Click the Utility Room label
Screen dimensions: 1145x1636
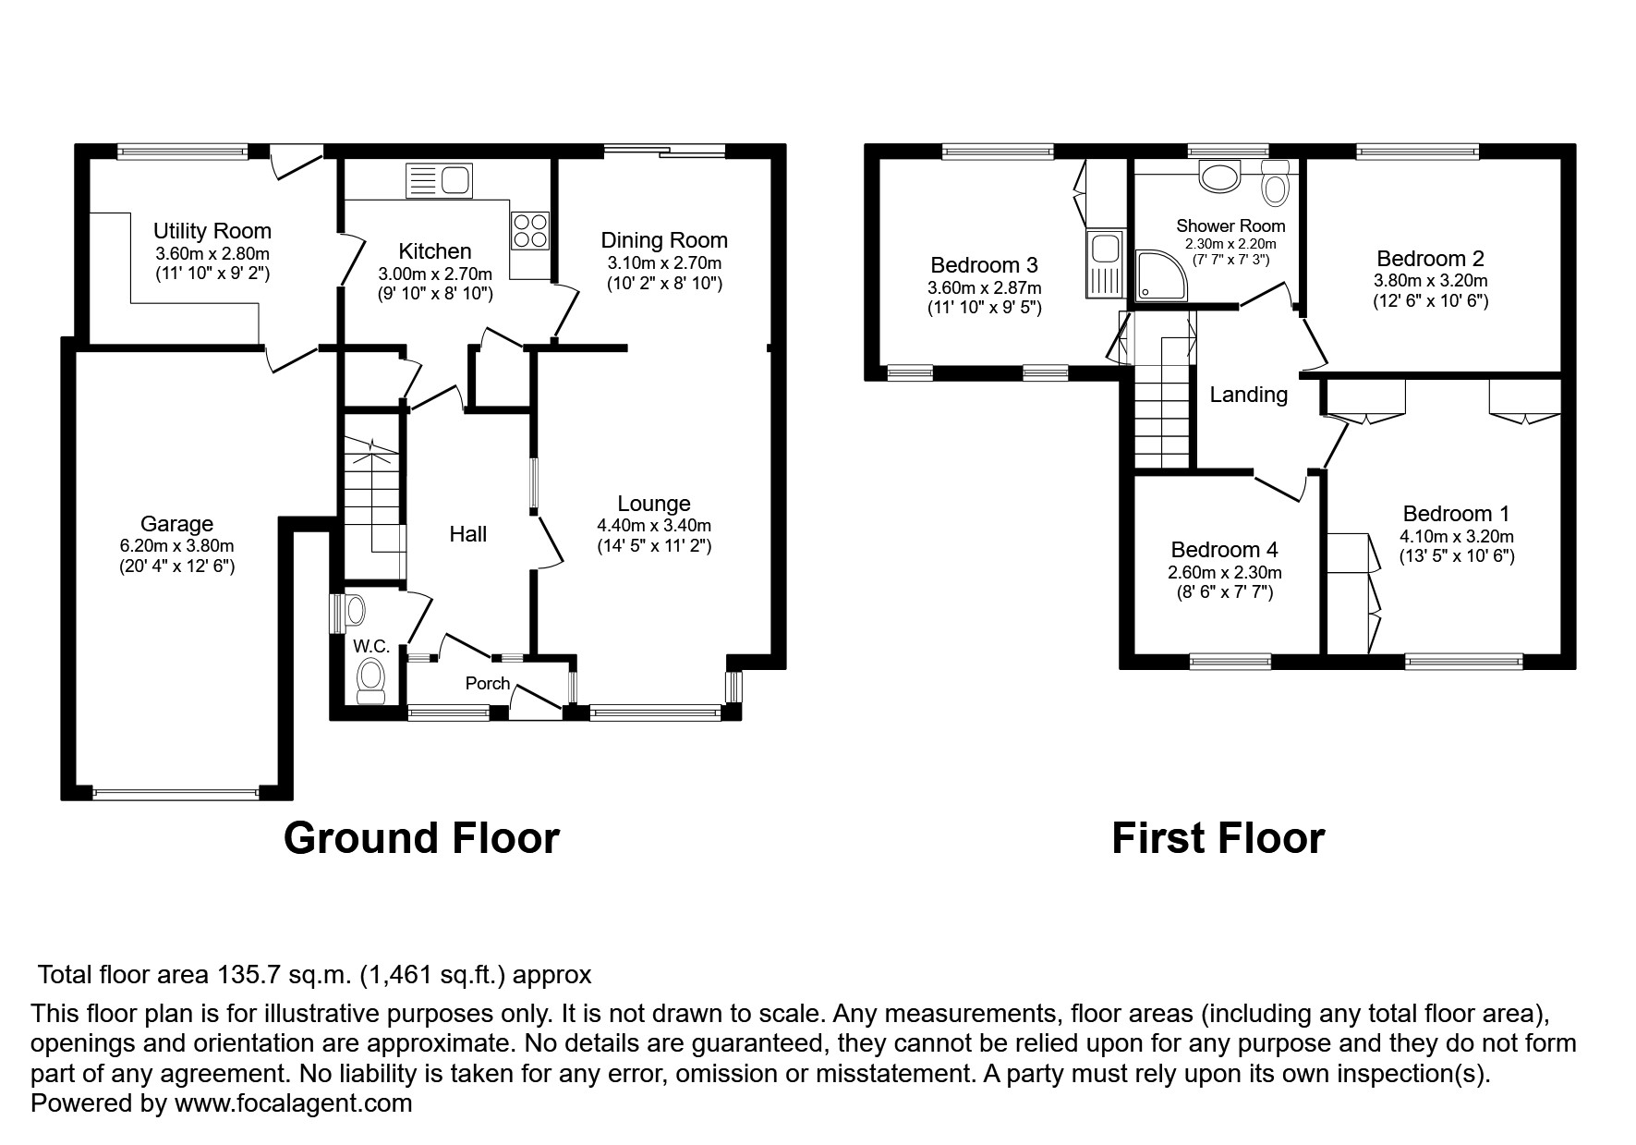point(212,231)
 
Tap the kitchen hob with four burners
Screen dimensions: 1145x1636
point(530,230)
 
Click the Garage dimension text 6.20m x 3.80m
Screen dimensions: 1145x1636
point(176,546)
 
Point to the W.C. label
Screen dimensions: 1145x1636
point(371,647)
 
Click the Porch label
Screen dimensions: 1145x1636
point(487,683)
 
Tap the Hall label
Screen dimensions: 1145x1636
point(467,534)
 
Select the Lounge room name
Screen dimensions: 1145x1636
point(653,504)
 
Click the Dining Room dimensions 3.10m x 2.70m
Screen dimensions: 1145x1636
point(663,263)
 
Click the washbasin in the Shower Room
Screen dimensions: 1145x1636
point(1219,176)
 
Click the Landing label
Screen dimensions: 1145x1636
point(1248,395)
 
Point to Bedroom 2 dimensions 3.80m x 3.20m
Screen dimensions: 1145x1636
point(1430,281)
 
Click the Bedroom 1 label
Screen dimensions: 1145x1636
point(1455,514)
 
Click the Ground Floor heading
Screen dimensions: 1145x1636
point(421,838)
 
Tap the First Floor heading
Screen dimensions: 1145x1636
point(1218,838)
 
